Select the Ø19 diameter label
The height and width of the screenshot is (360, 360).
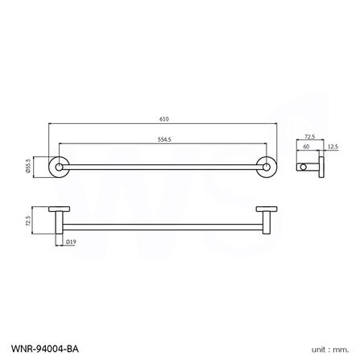click(x=72, y=240)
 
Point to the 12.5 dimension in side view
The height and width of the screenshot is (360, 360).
click(x=332, y=147)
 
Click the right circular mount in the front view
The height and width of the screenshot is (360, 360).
click(x=265, y=167)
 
